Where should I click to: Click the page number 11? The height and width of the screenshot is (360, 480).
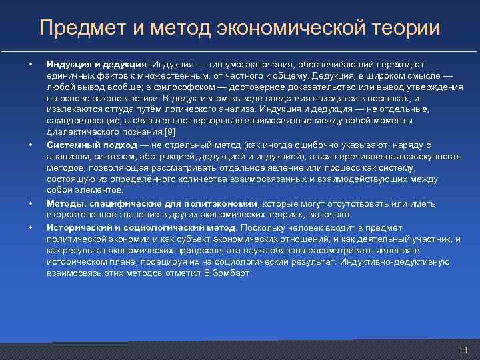(x=463, y=350)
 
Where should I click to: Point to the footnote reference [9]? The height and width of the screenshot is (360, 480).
(x=169, y=131)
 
